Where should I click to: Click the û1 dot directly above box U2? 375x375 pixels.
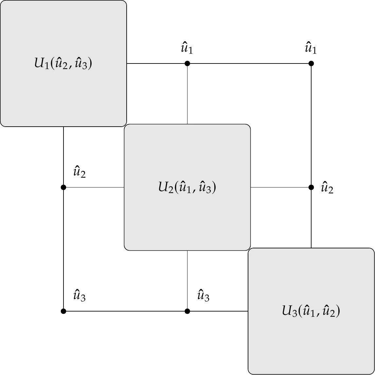(187, 63)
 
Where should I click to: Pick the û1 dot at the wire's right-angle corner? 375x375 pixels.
(311, 63)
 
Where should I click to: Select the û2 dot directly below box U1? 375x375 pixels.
(63, 187)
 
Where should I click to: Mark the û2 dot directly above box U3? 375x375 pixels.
(311, 187)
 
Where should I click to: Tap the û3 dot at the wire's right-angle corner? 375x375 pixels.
(63, 311)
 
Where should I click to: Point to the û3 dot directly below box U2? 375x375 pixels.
(187, 311)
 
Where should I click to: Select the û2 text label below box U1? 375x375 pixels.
(80, 172)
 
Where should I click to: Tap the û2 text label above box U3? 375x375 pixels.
(327, 188)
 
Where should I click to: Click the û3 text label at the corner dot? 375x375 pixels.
(80, 296)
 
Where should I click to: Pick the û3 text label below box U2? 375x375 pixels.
(203, 296)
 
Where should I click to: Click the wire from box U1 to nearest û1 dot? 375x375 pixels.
(157, 63)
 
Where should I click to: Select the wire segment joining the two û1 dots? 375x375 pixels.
(249, 63)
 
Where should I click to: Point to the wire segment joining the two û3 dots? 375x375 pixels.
(125, 311)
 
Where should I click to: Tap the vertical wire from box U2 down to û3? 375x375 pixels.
(187, 281)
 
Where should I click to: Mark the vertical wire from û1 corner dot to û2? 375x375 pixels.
(311, 125)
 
